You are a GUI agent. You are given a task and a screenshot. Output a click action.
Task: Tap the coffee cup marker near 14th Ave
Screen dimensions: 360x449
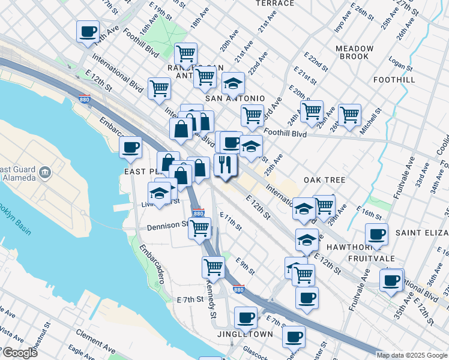(x=88, y=31)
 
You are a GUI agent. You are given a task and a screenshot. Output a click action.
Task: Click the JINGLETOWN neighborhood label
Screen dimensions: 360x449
(x=245, y=334)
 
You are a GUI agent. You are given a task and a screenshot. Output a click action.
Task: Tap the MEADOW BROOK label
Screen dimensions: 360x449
(x=354, y=53)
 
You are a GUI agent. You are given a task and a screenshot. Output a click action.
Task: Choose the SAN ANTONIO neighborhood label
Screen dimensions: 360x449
(x=235, y=98)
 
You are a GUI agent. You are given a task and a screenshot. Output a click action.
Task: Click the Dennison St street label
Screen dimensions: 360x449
(x=167, y=227)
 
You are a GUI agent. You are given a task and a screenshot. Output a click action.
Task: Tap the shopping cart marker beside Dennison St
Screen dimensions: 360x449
(x=199, y=227)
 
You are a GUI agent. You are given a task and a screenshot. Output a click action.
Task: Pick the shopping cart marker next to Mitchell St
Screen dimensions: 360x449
(x=349, y=113)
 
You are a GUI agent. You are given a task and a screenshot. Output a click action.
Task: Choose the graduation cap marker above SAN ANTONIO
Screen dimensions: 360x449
(x=233, y=82)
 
